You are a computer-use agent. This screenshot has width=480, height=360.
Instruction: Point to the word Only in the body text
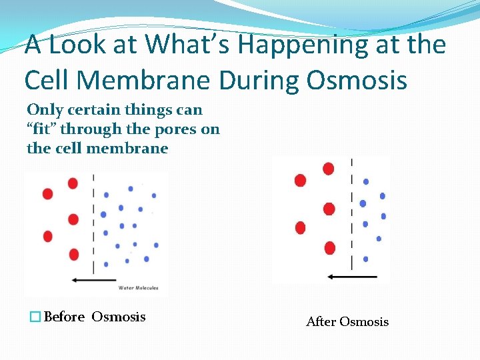[x=44, y=109]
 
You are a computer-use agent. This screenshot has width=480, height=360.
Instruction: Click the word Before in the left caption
[x=64, y=317]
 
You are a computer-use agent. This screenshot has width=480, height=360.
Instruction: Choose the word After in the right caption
[x=321, y=322]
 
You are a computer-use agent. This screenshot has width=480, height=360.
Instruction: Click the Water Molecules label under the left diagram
[x=138, y=288]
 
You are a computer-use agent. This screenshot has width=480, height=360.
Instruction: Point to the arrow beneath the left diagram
[x=93, y=280]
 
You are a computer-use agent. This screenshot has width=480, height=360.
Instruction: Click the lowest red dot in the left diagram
[x=73, y=254]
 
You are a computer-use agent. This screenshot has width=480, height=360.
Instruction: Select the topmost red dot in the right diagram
[x=328, y=169]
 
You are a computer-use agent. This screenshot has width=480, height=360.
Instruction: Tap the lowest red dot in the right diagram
[x=329, y=248]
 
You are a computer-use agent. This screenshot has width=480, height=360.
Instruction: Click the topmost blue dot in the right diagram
[x=365, y=181]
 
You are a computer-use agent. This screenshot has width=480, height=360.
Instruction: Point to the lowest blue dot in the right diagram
[x=365, y=259]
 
